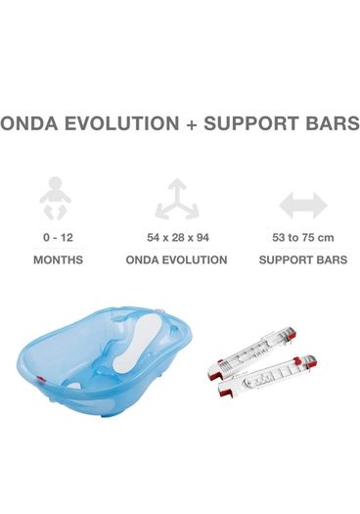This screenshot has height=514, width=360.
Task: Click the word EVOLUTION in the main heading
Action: (x=122, y=123)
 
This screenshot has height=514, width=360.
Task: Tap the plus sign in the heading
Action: (x=192, y=125)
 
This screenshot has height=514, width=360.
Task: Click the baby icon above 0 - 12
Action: (x=55, y=199)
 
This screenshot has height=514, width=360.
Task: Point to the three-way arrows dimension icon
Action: (x=177, y=199)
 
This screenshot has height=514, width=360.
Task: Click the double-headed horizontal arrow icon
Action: (x=303, y=206)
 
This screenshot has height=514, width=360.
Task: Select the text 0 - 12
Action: (x=58, y=237)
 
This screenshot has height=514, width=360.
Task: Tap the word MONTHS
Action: (x=58, y=260)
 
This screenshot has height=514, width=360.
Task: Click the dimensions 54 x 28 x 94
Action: (x=177, y=237)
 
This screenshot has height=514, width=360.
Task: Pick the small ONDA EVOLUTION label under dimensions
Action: (x=176, y=260)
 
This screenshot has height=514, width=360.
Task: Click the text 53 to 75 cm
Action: (x=303, y=237)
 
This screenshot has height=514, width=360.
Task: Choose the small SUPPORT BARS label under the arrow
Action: (x=303, y=260)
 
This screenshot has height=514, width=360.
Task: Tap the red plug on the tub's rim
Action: (x=42, y=380)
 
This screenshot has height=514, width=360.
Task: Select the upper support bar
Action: (x=251, y=353)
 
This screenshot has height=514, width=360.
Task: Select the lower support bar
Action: (x=267, y=376)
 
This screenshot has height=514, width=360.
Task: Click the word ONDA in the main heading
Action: (x=30, y=123)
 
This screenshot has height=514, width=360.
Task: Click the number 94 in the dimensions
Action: (x=201, y=237)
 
